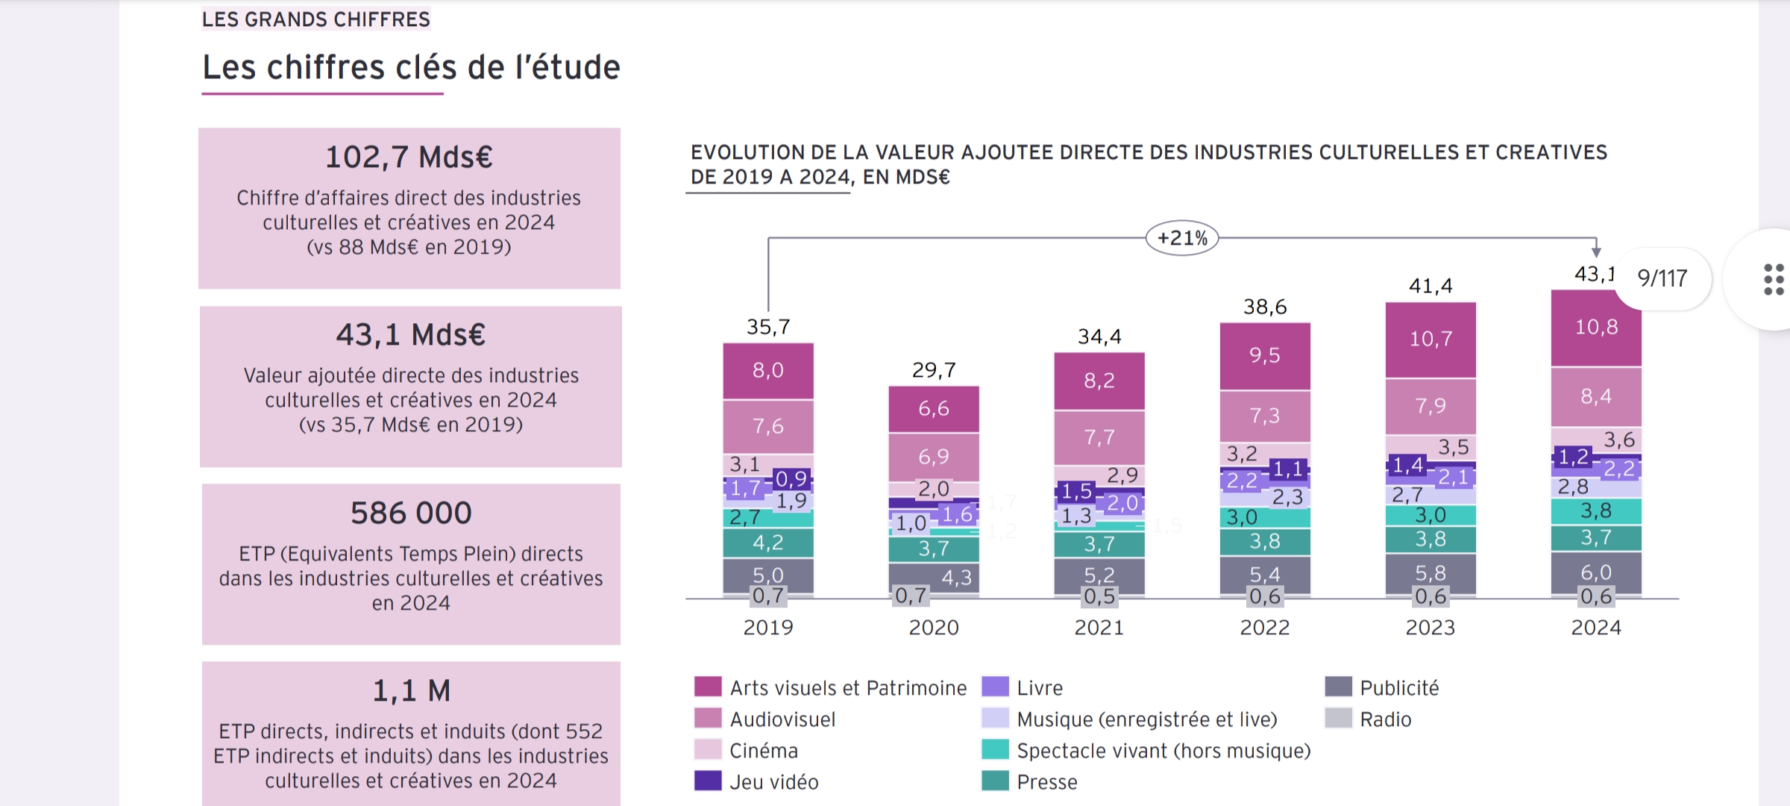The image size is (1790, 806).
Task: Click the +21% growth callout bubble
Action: click(x=1182, y=238)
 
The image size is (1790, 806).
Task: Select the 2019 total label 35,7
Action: click(x=768, y=327)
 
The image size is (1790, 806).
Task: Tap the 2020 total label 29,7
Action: click(x=934, y=370)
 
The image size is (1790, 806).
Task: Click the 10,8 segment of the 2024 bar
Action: click(x=1596, y=327)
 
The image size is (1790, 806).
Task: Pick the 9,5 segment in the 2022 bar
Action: click(x=1265, y=355)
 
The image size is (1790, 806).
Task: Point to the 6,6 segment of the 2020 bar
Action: click(x=934, y=409)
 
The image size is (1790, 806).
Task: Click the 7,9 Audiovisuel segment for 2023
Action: click(x=1431, y=406)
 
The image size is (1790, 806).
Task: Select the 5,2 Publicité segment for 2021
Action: click(x=1099, y=575)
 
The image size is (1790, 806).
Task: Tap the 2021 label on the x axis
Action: click(x=1099, y=628)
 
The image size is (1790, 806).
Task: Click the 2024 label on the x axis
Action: click(x=1596, y=628)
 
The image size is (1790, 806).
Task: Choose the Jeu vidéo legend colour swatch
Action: click(x=708, y=781)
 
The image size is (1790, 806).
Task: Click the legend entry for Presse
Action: click(x=1047, y=782)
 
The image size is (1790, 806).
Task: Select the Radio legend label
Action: click(x=1386, y=719)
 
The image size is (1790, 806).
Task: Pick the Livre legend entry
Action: click(x=1040, y=688)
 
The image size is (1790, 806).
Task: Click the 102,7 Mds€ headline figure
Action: click(x=409, y=157)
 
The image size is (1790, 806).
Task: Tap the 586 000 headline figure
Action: click(x=411, y=513)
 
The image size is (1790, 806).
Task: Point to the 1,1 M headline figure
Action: click(x=411, y=691)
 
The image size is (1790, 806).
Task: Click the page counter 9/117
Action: click(x=1662, y=278)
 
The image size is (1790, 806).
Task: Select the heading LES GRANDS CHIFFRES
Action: click(x=316, y=19)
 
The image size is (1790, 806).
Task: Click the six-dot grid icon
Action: click(x=1774, y=279)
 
